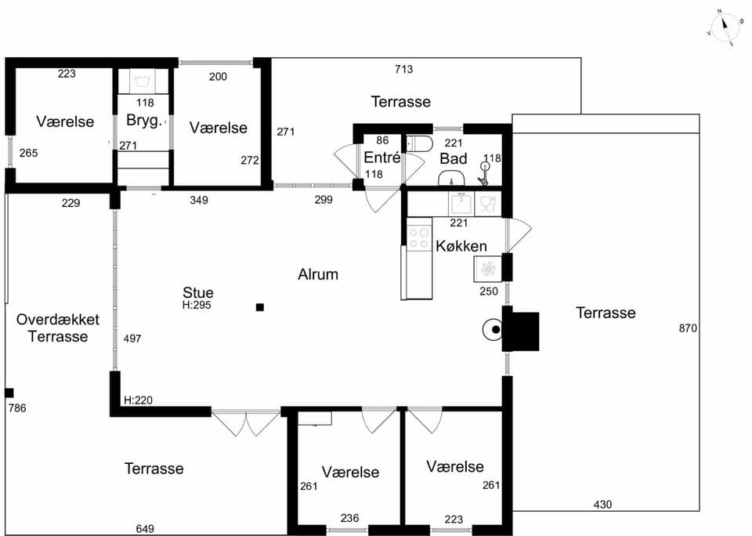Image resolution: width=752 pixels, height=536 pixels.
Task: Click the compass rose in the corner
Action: tap(725, 28)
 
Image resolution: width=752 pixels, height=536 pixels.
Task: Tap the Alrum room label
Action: tap(318, 274)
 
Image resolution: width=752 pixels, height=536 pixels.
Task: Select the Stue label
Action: tap(197, 292)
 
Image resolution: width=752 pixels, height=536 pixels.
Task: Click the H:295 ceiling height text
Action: tap(197, 305)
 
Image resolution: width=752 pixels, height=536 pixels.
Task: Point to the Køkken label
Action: tap(461, 246)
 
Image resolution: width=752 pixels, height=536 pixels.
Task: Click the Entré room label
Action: tap(381, 158)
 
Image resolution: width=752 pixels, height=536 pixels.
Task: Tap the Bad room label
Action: tap(454, 158)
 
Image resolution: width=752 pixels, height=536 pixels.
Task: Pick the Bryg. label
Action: tap(144, 120)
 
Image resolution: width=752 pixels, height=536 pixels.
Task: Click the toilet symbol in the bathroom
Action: tap(419, 143)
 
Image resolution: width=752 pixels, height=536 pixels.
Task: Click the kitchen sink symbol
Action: tap(461, 204)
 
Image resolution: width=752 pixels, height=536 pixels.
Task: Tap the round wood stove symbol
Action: tap(493, 330)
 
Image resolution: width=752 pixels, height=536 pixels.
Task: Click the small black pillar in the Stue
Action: tap(260, 307)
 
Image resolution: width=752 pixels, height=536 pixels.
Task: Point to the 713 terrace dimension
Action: tap(404, 70)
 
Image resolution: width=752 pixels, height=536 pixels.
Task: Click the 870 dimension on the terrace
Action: tap(688, 328)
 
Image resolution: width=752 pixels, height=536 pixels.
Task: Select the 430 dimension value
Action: tap(602, 505)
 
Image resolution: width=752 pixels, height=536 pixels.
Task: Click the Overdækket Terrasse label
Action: tap(57, 328)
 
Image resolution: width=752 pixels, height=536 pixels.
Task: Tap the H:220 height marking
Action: tap(138, 400)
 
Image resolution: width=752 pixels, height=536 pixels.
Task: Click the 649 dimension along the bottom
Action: tap(145, 529)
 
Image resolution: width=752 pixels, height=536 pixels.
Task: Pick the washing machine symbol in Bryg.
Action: tap(143, 81)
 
